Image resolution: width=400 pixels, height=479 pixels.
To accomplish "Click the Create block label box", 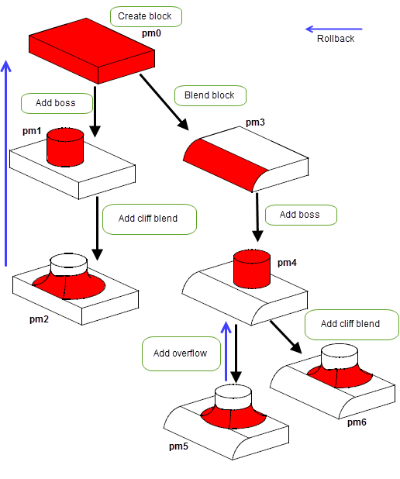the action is (x=146, y=16).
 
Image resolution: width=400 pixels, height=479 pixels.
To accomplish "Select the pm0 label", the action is (x=151, y=33).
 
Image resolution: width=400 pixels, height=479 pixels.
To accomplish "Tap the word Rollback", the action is (x=336, y=39).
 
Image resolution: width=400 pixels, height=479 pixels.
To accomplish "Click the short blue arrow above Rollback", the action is (x=333, y=29).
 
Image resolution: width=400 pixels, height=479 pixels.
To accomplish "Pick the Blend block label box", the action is (x=210, y=95).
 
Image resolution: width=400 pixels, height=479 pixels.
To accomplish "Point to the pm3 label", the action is (x=255, y=122).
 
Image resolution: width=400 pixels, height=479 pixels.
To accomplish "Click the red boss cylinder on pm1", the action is (x=65, y=147).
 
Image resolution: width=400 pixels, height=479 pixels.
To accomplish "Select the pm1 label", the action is (x=32, y=131).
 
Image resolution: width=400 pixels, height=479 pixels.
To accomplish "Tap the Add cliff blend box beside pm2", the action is (x=150, y=219).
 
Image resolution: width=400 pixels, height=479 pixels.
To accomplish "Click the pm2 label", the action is (x=39, y=319).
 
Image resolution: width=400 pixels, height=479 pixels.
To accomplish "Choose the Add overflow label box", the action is (x=181, y=353).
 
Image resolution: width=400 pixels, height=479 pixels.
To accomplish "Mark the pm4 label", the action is (x=287, y=263).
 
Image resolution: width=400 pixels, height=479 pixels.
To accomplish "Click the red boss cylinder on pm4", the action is (x=252, y=269).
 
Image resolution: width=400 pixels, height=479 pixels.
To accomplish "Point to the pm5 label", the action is (x=178, y=446).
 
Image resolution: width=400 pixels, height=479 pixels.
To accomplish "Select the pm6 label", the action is (x=357, y=422).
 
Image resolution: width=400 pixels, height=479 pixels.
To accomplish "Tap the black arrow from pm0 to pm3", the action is (x=164, y=102).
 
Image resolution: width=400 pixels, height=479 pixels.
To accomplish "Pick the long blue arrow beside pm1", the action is (x=5, y=164).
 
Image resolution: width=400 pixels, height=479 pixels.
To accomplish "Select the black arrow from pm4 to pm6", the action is (x=286, y=337).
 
